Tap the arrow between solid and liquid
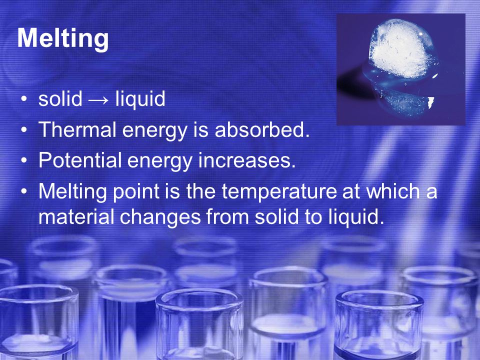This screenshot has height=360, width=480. [98, 100]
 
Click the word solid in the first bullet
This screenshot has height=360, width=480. [60, 98]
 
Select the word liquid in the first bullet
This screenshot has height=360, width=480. [140, 99]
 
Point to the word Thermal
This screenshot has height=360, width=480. [77, 129]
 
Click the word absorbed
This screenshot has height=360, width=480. [262, 129]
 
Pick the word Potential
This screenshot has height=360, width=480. [80, 160]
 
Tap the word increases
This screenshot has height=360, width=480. [246, 160]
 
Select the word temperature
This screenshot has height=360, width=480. [279, 192]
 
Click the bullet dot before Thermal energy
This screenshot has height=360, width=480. [24, 130]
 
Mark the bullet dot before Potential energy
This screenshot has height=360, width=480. [24, 160]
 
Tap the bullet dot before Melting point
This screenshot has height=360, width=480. [24, 191]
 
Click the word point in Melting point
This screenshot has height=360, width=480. [136, 192]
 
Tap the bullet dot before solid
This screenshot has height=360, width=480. [24, 99]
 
